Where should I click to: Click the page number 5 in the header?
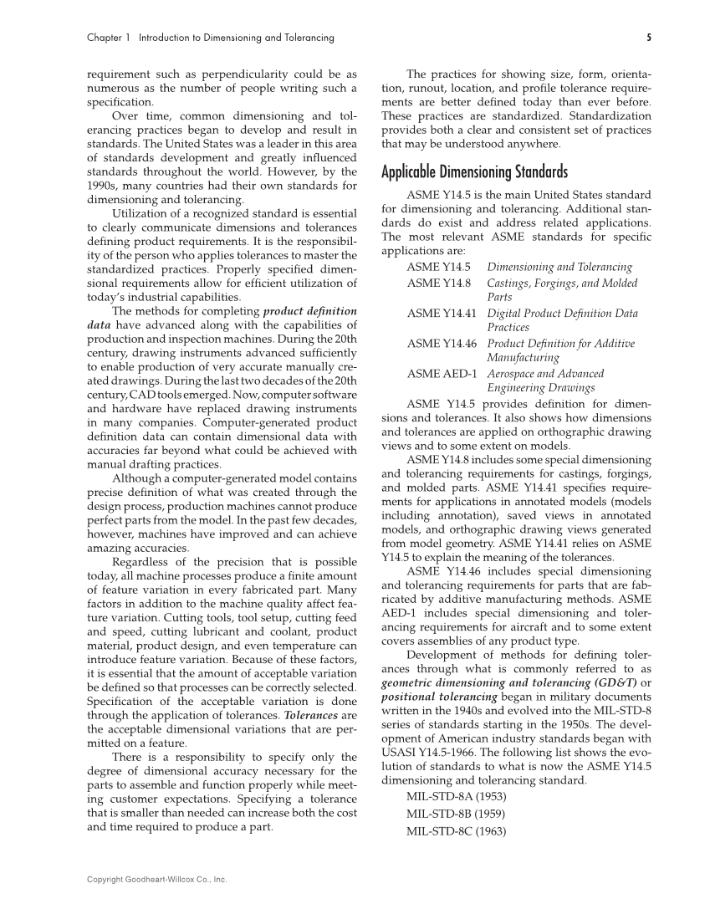click(648, 38)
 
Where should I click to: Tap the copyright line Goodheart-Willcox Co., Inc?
click(157, 880)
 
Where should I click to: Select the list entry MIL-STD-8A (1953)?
click(457, 796)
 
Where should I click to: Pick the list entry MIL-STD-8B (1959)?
click(457, 814)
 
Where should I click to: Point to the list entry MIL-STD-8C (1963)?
click(457, 831)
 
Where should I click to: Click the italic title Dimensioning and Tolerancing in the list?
click(559, 267)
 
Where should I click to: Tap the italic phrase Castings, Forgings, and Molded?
click(562, 283)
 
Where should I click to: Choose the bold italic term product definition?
click(309, 311)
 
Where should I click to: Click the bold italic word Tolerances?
click(309, 716)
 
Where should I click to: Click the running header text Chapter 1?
click(110, 38)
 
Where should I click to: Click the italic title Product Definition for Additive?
click(560, 343)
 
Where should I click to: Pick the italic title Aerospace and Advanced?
click(545, 373)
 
